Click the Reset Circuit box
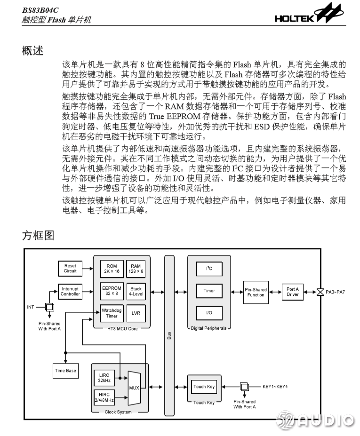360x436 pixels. [70, 269]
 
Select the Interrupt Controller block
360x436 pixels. [70, 292]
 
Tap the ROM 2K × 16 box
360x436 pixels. [112, 269]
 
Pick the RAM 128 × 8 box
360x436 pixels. [136, 269]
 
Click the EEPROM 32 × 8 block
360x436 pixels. [112, 291]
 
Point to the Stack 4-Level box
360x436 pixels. [136, 291]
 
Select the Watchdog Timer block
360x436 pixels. [112, 313]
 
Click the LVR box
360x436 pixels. [136, 313]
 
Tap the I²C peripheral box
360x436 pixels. [209, 269]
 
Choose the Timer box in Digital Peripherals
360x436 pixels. [209, 291]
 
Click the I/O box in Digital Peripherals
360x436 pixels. [209, 313]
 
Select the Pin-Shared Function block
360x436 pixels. [256, 292]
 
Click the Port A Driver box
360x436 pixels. [293, 292]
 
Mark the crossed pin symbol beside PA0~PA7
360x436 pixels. [320, 292]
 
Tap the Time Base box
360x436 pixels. [65, 371]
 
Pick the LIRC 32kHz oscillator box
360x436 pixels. [104, 378]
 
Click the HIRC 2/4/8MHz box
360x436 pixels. [104, 397]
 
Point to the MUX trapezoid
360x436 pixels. [134, 388]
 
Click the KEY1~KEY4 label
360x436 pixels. [275, 387]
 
